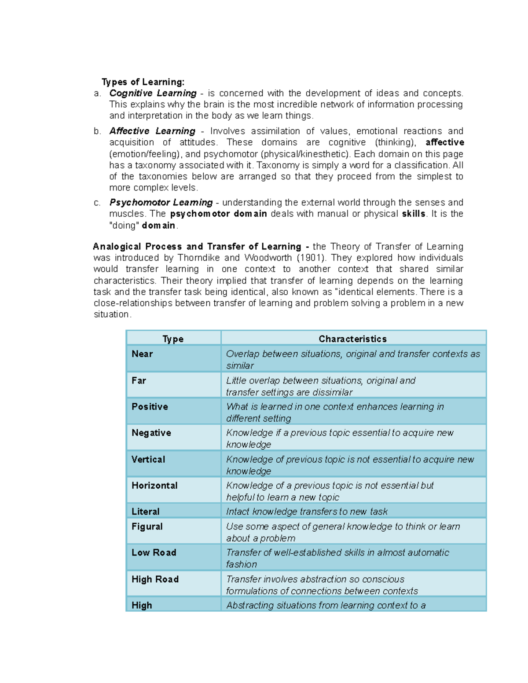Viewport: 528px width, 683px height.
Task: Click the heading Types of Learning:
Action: [143, 82]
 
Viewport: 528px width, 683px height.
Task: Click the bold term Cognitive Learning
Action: [153, 93]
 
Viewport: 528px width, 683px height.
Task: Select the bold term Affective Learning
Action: [152, 131]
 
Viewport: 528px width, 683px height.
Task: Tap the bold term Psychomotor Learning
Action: [161, 202]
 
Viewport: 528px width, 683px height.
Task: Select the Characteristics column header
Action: [352, 339]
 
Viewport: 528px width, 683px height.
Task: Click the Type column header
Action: [173, 339]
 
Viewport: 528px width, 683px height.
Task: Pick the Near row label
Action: [142, 354]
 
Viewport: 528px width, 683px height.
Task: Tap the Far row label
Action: [139, 380]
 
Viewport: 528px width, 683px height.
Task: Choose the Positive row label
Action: [150, 407]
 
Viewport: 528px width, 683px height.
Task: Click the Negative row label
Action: [151, 433]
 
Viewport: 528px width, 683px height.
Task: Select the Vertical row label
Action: [148, 459]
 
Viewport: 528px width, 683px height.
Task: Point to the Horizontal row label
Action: [154, 486]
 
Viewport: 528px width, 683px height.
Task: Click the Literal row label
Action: [145, 511]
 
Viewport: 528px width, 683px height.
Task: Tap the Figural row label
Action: [147, 526]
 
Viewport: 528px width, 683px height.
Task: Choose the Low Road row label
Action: [154, 553]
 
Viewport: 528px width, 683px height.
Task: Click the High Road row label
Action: [155, 579]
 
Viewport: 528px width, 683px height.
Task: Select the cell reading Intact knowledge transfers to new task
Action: [307, 511]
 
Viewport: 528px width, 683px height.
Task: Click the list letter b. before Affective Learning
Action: [97, 131]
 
